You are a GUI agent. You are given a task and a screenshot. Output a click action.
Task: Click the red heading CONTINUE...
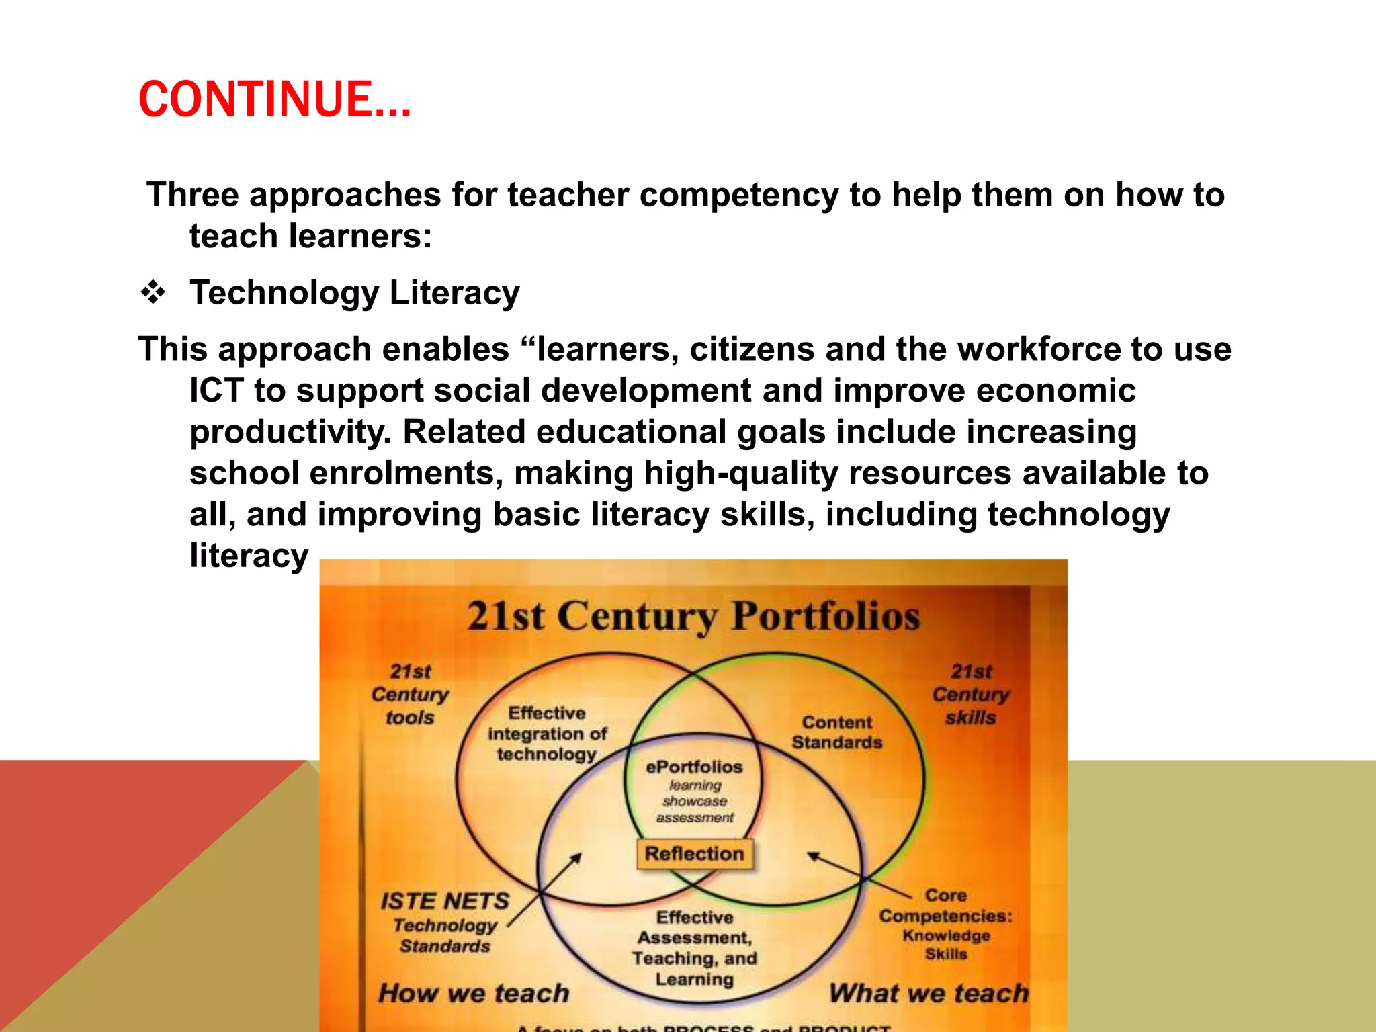pyautogui.click(x=274, y=99)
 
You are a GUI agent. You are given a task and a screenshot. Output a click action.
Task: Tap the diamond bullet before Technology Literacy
pyautogui.click(x=153, y=292)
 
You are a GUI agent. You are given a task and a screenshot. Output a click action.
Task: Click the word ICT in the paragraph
pyautogui.click(x=216, y=390)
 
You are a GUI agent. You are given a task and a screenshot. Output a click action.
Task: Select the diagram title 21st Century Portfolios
pyautogui.click(x=693, y=615)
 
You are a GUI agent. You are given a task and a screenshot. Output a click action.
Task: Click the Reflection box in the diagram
pyautogui.click(x=694, y=853)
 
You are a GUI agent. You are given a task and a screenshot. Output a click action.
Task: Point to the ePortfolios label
pyautogui.click(x=694, y=767)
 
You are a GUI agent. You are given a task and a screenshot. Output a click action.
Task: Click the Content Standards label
pyautogui.click(x=836, y=732)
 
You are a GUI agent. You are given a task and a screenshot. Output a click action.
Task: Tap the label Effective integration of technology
pyautogui.click(x=547, y=733)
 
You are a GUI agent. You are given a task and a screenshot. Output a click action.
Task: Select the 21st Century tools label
pyautogui.click(x=410, y=694)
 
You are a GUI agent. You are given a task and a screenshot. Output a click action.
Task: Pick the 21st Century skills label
pyautogui.click(x=971, y=694)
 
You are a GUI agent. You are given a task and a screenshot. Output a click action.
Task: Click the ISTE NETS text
pyautogui.click(x=445, y=901)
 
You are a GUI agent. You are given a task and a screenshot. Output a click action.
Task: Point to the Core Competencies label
pyautogui.click(x=945, y=915)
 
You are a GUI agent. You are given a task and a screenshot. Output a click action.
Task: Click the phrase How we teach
pyautogui.click(x=474, y=993)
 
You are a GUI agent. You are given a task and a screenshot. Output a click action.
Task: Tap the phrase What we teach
pyautogui.click(x=929, y=993)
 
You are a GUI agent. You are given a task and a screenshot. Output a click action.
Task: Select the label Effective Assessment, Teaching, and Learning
pyautogui.click(x=694, y=948)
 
